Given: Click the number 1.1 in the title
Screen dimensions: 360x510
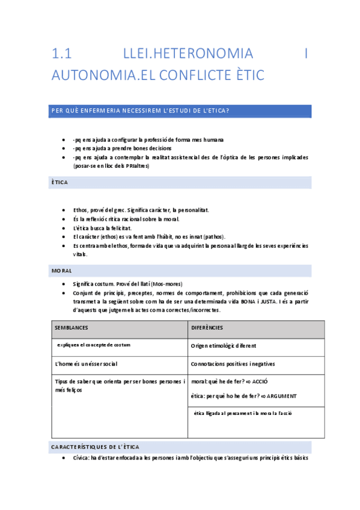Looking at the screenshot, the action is [x=62, y=54].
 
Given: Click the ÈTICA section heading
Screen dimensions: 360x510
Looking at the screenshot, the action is [x=59, y=182].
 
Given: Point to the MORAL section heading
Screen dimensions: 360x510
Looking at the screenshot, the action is [x=61, y=271].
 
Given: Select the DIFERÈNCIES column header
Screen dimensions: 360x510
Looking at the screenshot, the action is [x=207, y=328].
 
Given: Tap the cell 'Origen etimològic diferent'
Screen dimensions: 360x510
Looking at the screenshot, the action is [x=223, y=346].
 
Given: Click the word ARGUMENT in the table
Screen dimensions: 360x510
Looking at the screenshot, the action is [x=281, y=396].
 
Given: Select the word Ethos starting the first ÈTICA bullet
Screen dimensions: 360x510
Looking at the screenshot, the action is [x=81, y=210].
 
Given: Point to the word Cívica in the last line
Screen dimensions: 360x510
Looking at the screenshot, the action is [x=81, y=458].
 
